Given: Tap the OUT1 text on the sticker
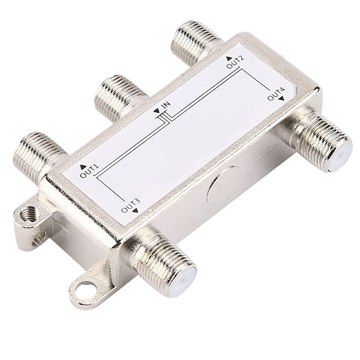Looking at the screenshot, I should (x=89, y=171).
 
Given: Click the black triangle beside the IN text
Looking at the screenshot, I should (x=157, y=112).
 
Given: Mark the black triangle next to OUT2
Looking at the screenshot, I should (x=229, y=57).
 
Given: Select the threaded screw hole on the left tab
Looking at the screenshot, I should (x=29, y=214).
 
